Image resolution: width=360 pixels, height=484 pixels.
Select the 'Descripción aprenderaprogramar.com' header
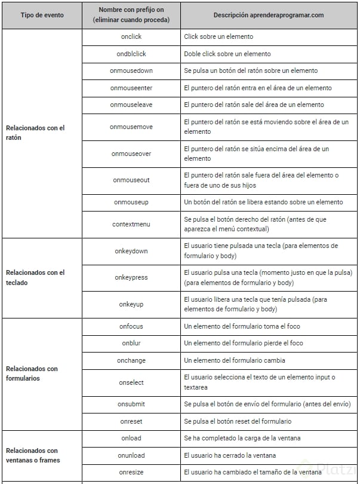coord(269,15)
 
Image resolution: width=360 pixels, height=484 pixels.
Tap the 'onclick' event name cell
coord(131,36)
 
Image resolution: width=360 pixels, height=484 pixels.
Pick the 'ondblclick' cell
coord(131,54)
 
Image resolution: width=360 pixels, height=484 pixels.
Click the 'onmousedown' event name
coord(131,71)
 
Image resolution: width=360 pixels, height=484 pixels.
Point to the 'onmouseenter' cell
coord(131,88)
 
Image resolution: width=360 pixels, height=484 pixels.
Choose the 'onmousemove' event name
coord(131,127)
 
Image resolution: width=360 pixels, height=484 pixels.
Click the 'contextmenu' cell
coord(131,224)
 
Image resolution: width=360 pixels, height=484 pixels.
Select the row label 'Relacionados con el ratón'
coord(35,133)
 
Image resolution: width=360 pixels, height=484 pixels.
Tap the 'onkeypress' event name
coord(131,277)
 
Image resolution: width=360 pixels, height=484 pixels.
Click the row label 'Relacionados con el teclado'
coord(35,277)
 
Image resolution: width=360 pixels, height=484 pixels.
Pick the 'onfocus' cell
coord(131,326)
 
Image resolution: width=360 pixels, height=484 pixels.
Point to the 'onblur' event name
coord(131,343)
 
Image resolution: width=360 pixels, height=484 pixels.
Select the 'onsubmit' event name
coord(131,404)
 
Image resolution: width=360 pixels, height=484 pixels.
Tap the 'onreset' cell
coord(131,421)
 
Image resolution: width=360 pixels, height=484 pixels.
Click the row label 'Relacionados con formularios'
coord(32,373)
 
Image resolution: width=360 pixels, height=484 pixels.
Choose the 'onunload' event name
coord(131,455)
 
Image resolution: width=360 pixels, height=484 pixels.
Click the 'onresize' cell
coord(131,472)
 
